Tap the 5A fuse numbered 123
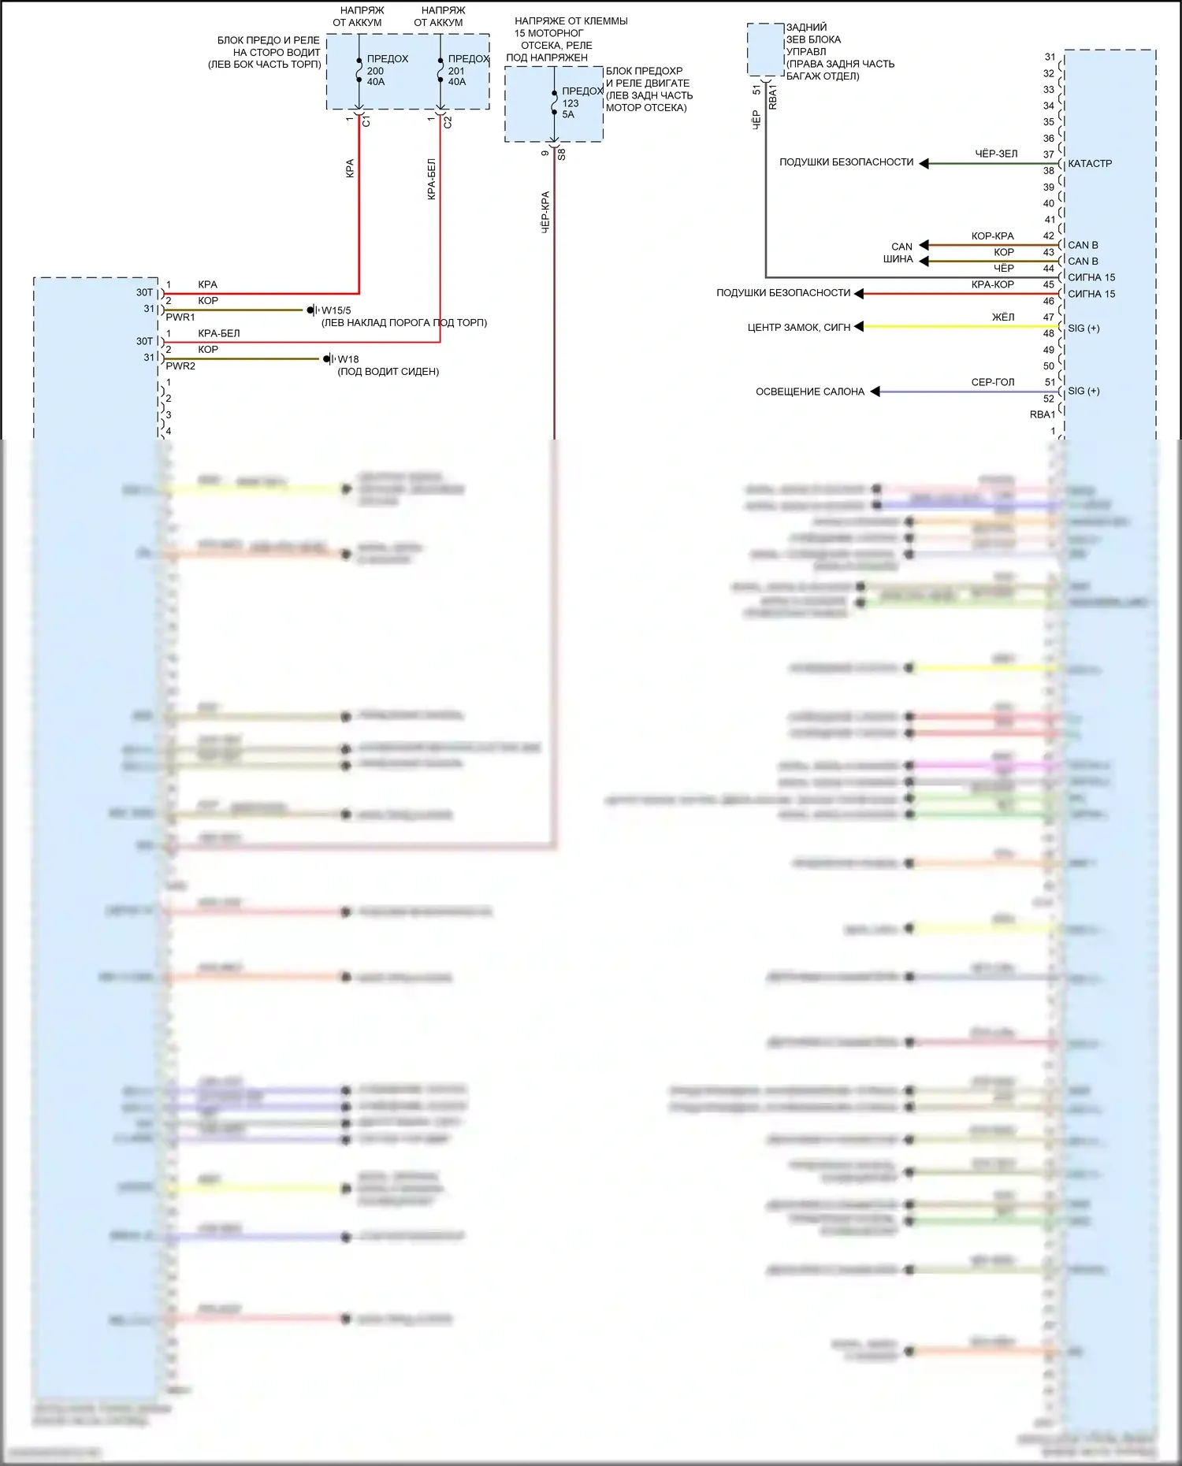click(x=555, y=102)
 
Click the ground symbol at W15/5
click(x=312, y=310)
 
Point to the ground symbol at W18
click(x=329, y=359)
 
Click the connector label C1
click(x=366, y=122)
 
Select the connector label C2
click(x=448, y=122)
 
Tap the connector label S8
click(x=561, y=155)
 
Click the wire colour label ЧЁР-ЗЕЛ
click(x=996, y=154)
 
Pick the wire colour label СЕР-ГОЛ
click(x=992, y=382)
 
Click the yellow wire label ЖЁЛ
click(x=1002, y=317)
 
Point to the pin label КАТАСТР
click(x=1090, y=164)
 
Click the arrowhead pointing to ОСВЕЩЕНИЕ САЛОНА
click(x=875, y=392)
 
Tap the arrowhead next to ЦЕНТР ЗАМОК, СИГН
click(x=859, y=326)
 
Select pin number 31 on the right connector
click(x=1050, y=57)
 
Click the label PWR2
click(x=180, y=366)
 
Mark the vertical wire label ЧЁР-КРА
click(x=545, y=212)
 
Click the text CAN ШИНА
click(x=899, y=253)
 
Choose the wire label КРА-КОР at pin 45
click(x=992, y=284)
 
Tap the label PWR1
click(x=180, y=317)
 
